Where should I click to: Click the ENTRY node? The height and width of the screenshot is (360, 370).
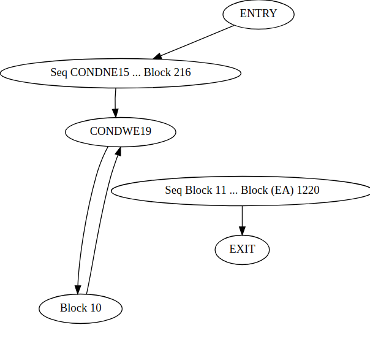258,14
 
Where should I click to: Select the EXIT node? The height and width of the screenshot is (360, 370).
242,250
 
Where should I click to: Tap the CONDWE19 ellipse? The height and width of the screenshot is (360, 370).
120,131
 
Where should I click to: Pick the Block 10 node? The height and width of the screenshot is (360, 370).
80,308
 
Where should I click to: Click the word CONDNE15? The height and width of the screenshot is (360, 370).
100,72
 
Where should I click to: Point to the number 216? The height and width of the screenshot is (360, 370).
182,72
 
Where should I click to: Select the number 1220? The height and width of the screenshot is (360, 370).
308,190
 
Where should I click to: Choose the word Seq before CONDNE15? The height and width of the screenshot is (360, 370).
59,72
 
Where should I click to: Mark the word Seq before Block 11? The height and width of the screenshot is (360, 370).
174,190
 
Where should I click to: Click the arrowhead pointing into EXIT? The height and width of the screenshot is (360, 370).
242,231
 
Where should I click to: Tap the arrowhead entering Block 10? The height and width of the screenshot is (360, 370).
78,289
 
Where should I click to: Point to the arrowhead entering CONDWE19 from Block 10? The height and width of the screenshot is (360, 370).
118,151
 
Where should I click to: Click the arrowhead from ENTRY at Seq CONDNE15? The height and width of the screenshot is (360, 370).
157,56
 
